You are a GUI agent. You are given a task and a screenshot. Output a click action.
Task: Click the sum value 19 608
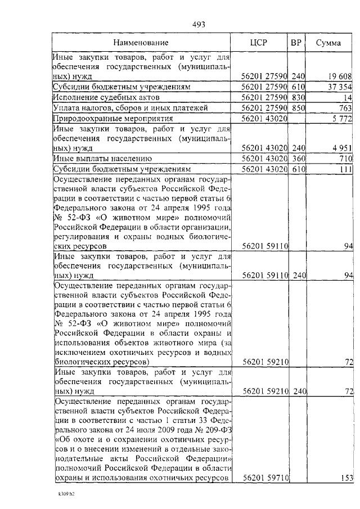[x=340, y=76]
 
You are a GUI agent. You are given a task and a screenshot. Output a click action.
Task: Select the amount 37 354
[x=340, y=87]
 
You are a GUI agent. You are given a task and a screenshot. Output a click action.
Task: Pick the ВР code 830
[x=298, y=97]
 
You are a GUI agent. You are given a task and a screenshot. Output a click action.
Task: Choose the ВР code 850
[x=298, y=108]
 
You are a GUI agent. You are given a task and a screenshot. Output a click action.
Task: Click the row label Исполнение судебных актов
[x=100, y=97]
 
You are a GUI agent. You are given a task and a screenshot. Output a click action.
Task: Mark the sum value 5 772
[x=342, y=119]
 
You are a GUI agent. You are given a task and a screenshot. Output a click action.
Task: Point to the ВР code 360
[x=298, y=159]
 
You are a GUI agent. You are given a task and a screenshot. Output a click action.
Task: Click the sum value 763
[x=344, y=108]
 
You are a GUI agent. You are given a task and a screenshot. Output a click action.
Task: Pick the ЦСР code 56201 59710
[x=264, y=478]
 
